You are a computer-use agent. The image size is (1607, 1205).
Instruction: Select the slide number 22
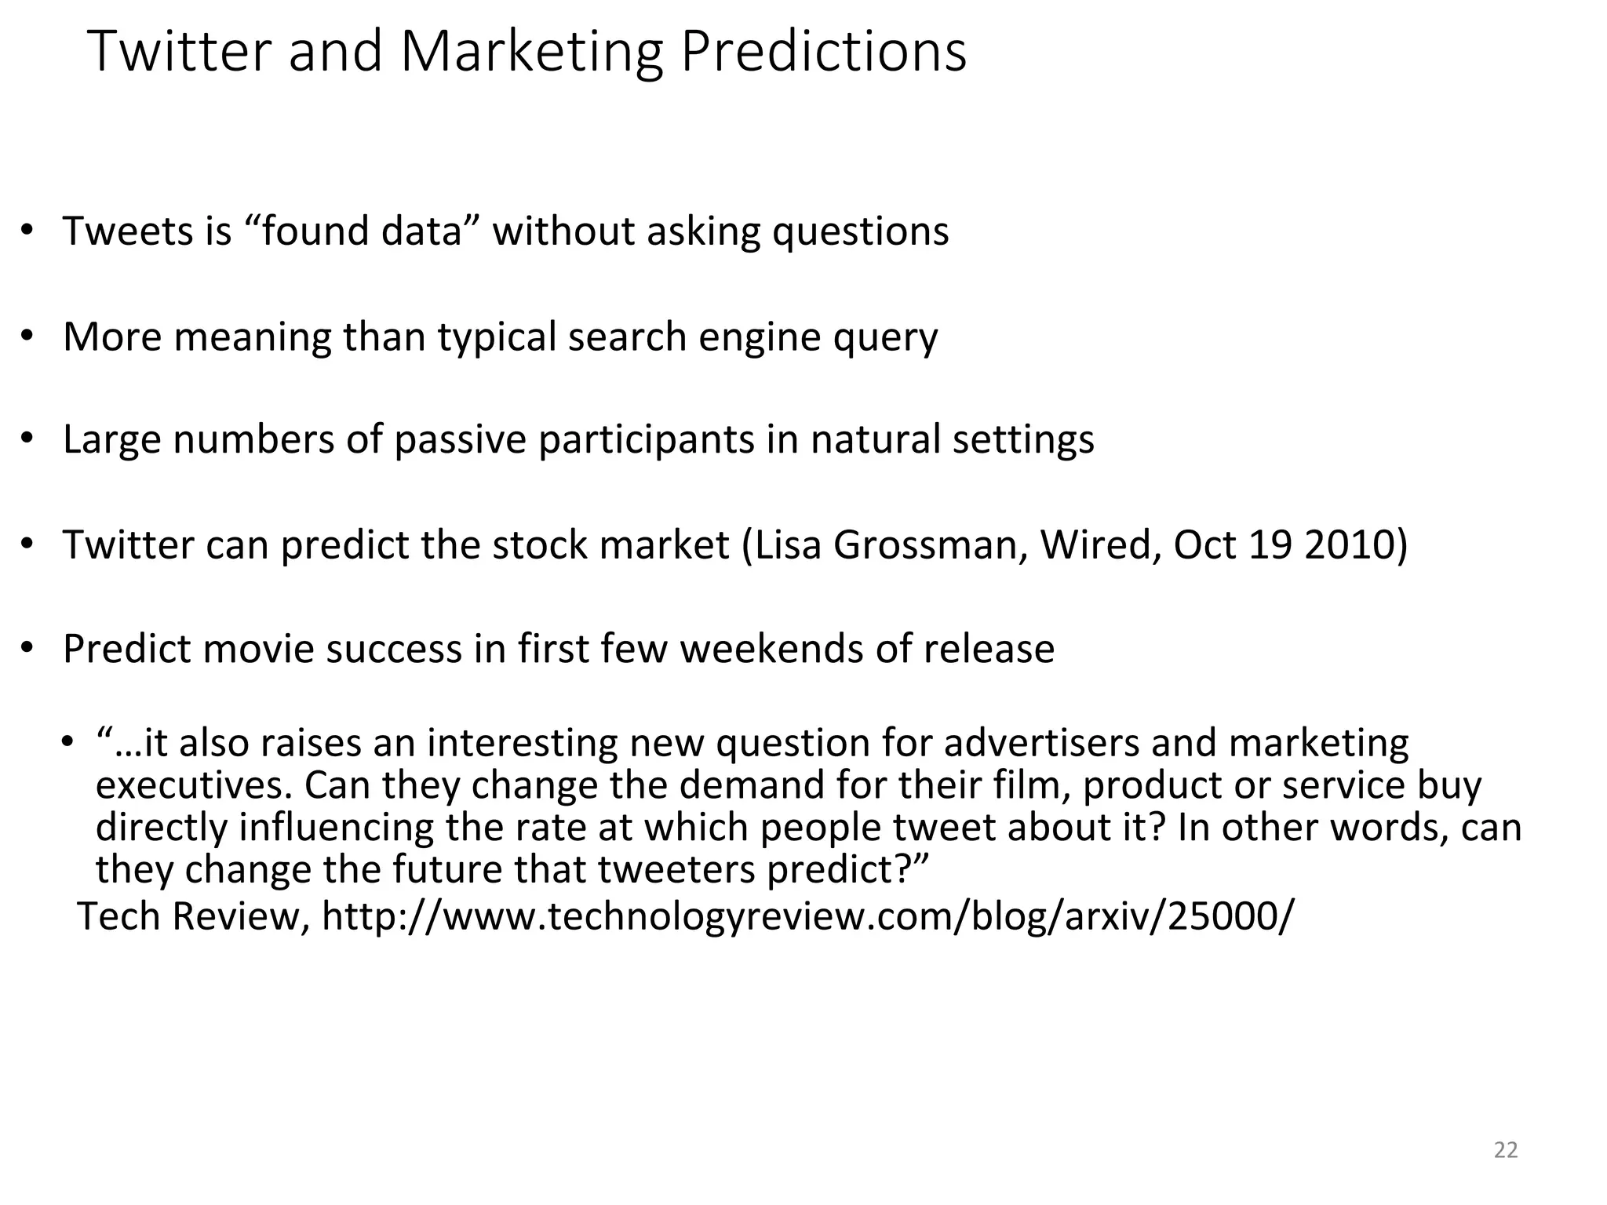[1506, 1150]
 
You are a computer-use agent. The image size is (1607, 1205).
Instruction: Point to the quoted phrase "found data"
[362, 231]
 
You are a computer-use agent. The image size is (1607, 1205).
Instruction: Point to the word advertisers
[1040, 743]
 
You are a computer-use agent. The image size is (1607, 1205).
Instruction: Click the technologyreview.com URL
[805, 916]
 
